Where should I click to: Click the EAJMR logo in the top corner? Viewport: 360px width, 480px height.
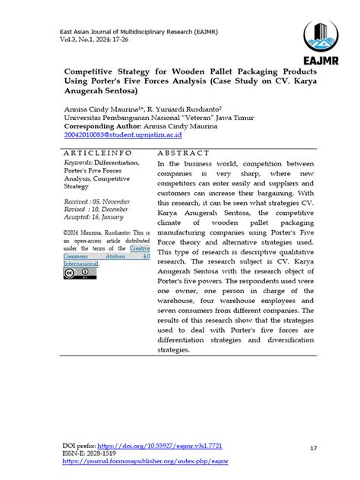point(320,43)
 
